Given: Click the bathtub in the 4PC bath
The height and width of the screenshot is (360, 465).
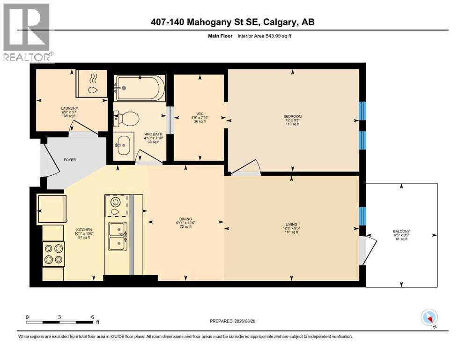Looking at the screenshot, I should coord(140,88).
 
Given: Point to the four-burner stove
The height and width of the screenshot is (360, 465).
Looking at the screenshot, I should coord(53,254).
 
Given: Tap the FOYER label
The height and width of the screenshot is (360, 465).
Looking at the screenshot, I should coord(70,160).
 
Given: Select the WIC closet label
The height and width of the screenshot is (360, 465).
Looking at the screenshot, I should coord(199,113).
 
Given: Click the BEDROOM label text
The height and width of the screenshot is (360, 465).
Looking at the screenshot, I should coord(292,116).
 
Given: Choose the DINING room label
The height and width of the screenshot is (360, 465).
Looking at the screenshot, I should coord(185,217).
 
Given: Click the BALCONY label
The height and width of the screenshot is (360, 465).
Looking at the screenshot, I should coord(401,231).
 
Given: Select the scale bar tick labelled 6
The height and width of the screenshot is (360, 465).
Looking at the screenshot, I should coord(93,317).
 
